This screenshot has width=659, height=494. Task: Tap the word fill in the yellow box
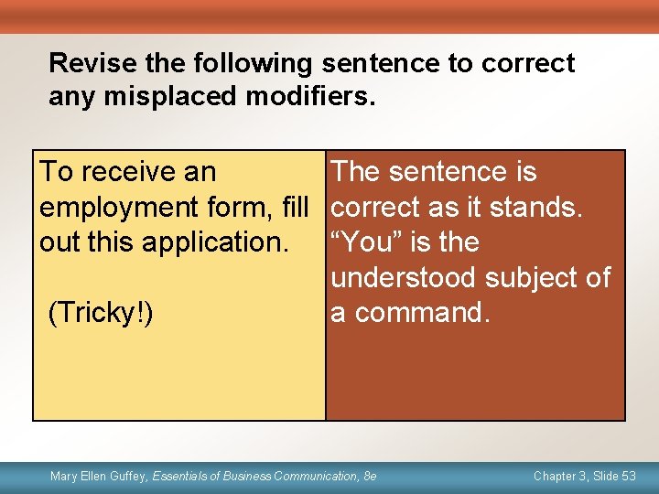(x=295, y=207)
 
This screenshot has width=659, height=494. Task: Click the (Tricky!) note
(x=100, y=312)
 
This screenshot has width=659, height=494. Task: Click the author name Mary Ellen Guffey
(x=98, y=476)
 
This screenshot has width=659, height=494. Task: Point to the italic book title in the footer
(x=254, y=476)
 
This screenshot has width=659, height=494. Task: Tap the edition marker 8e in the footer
(x=369, y=476)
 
